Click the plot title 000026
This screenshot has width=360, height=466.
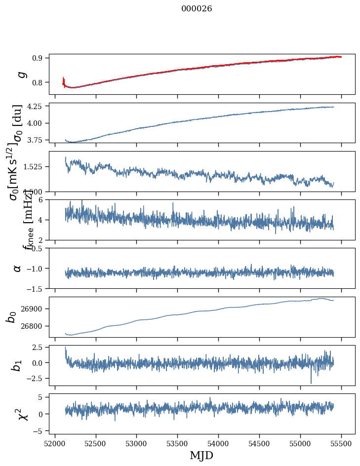[x=197, y=8]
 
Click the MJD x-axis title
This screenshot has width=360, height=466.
[x=201, y=456]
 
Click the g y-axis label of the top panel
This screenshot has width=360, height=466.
[x=21, y=74]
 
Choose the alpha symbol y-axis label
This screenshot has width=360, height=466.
[x=18, y=268]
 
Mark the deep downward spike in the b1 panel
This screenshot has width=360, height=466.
[x=311, y=382]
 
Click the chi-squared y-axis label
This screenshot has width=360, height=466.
[x=22, y=414]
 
